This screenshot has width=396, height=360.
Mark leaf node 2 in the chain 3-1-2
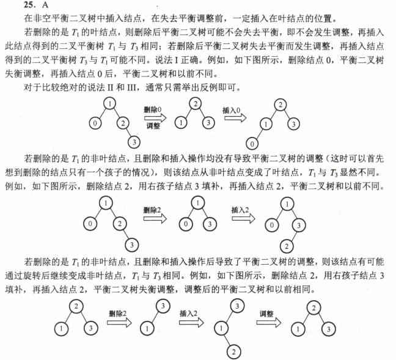pyautogui.click(x=232, y=350)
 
